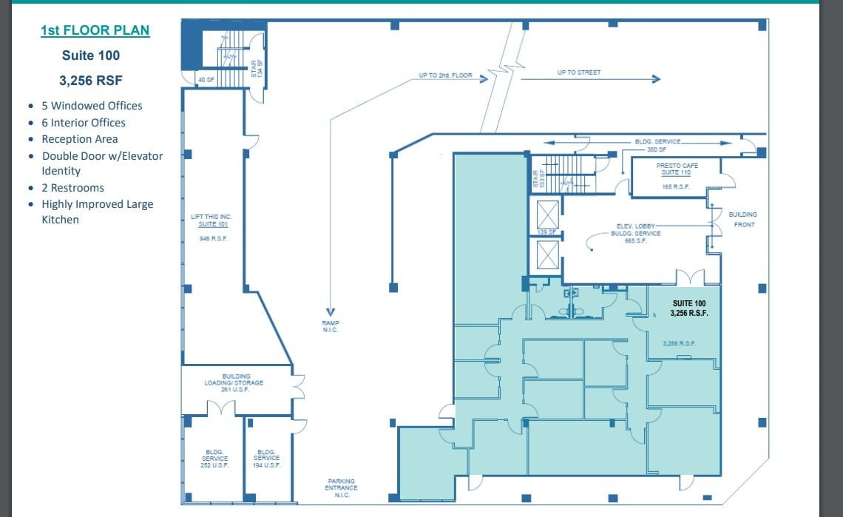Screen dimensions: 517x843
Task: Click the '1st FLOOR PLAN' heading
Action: (x=95, y=30)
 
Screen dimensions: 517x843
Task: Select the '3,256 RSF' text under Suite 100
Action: (x=91, y=81)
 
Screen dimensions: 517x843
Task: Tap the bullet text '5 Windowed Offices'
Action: (x=92, y=106)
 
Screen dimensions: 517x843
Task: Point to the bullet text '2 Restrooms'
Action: (x=72, y=188)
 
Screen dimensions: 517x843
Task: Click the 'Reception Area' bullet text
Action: (x=79, y=139)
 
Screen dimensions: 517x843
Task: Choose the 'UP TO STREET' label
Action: (x=578, y=72)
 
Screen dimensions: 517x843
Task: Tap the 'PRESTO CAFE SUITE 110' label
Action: (x=677, y=169)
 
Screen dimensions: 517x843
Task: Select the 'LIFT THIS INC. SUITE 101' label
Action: (x=211, y=220)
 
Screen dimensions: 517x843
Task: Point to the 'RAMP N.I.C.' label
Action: (x=330, y=326)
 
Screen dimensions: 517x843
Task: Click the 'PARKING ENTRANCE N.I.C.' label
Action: (x=342, y=487)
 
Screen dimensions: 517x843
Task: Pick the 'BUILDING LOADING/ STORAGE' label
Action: (x=234, y=382)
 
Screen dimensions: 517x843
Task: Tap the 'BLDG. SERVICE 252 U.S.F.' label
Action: (x=215, y=458)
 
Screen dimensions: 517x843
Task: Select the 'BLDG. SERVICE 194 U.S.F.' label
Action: (x=267, y=458)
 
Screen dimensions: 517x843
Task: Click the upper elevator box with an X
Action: (x=547, y=217)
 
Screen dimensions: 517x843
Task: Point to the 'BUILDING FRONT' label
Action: (x=742, y=219)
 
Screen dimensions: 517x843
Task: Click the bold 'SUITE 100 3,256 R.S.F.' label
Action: (x=689, y=308)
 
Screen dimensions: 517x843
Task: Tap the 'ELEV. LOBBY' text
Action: (x=632, y=226)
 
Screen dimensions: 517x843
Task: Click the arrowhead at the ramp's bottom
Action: (x=330, y=311)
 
